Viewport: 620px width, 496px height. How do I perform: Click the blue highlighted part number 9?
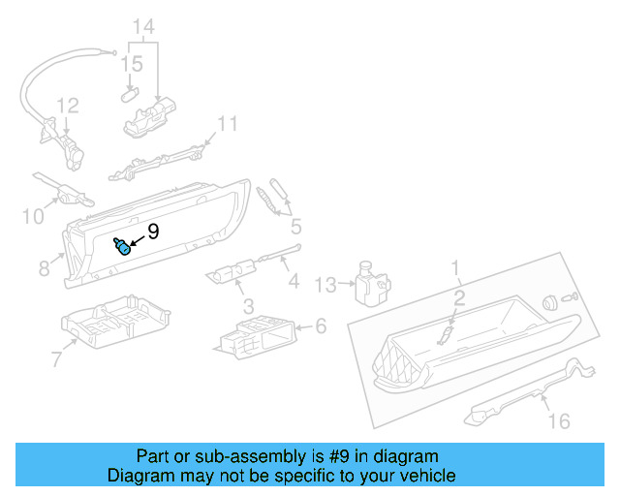123,247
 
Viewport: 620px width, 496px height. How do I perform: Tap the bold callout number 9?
153,232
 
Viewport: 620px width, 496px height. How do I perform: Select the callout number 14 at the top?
143,26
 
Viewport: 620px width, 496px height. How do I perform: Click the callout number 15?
132,64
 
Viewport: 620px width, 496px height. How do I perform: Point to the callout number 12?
66,106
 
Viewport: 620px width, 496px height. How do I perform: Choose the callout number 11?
227,124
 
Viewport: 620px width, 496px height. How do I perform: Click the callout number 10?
33,216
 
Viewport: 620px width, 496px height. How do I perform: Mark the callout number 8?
44,267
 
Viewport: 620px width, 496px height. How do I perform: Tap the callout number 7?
56,360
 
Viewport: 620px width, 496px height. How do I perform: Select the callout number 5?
295,228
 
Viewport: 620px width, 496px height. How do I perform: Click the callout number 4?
294,282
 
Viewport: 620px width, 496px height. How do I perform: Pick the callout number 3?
248,306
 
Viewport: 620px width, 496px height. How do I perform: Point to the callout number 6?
321,327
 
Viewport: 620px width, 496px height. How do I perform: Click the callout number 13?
325,284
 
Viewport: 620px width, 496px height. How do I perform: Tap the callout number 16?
559,420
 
